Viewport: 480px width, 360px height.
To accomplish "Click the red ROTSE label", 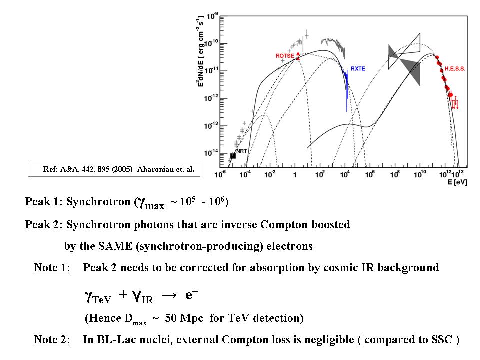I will [284, 56].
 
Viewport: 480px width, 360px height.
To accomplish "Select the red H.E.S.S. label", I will [455, 69].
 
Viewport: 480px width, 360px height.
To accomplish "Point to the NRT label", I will [241, 151].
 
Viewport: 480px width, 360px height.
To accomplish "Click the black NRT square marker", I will [233, 156].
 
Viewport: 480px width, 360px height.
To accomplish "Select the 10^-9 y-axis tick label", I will [212, 16].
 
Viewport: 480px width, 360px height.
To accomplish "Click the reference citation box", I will [111, 169].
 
